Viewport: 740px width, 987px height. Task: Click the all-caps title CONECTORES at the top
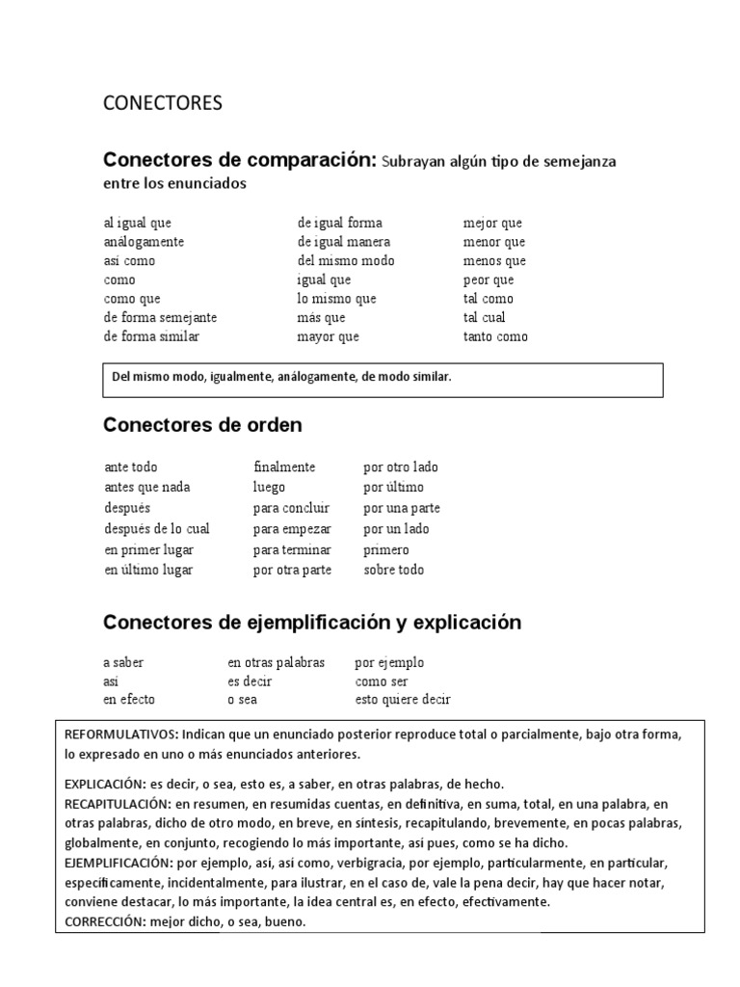pos(162,103)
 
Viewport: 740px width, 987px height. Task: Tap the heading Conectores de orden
pos(202,424)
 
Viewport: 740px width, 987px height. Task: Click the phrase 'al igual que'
pos(138,223)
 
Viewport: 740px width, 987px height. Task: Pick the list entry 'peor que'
pos(489,280)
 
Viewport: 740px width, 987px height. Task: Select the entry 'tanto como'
pos(495,336)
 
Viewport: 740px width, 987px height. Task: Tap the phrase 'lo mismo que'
pos(337,299)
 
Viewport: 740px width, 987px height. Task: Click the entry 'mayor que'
pos(329,336)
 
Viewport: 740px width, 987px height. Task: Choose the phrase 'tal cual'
pos(484,317)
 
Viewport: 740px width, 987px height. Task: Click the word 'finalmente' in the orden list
pos(284,467)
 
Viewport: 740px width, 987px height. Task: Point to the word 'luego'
pos(270,488)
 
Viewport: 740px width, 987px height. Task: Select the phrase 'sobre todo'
pos(393,570)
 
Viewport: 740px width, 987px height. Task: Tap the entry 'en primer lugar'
pos(148,549)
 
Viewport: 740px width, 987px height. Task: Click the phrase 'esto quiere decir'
pos(403,700)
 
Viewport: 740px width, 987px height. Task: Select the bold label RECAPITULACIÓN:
pos(117,803)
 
